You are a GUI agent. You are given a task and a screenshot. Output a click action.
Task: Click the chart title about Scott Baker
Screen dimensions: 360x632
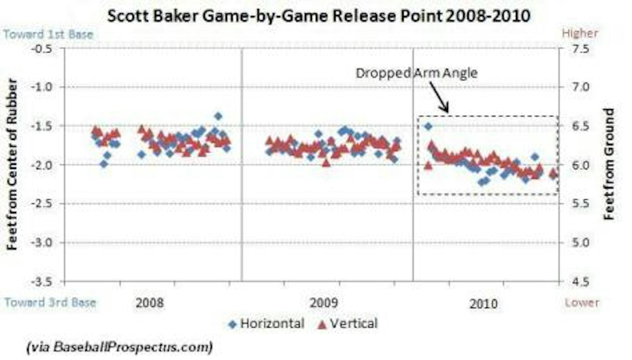click(x=319, y=16)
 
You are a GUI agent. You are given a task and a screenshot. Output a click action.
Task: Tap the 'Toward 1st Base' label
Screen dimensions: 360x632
click(x=48, y=35)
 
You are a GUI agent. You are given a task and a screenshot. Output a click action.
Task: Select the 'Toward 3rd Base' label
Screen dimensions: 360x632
click(x=50, y=302)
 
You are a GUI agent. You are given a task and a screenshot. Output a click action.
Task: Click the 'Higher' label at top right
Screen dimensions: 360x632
click(x=580, y=33)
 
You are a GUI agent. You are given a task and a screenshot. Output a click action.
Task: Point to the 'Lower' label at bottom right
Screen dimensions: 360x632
click(x=582, y=303)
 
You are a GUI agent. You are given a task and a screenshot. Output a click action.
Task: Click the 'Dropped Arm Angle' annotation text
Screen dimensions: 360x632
click(x=416, y=73)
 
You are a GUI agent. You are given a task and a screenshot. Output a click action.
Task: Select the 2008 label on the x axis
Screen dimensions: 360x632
click(x=150, y=303)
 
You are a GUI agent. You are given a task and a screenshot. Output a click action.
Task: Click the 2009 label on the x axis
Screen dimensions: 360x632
click(x=324, y=303)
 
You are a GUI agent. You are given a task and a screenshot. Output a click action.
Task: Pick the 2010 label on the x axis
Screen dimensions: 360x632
click(x=483, y=304)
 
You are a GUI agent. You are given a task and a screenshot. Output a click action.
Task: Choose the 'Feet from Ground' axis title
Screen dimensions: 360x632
click(x=609, y=164)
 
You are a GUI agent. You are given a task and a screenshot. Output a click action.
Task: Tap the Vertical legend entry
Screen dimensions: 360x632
click(x=348, y=324)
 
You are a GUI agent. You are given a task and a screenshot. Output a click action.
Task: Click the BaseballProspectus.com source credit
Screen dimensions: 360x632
click(x=120, y=347)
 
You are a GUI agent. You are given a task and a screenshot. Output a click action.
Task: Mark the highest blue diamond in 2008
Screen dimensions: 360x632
click(x=218, y=116)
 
